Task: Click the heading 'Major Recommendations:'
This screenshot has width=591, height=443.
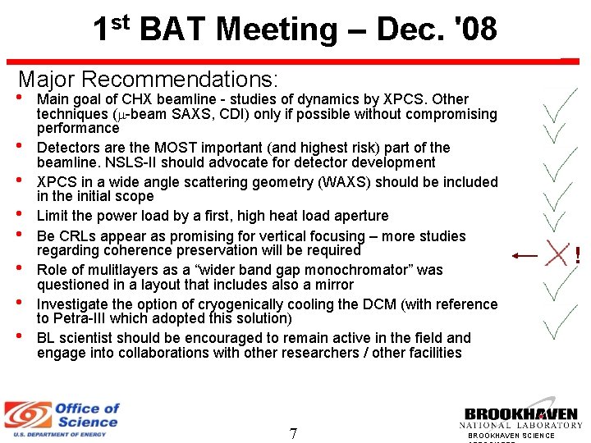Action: [x=149, y=80]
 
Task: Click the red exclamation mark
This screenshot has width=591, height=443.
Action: [x=578, y=255]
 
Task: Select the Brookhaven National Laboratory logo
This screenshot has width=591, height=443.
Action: [x=521, y=419]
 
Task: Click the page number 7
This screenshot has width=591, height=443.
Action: [x=293, y=433]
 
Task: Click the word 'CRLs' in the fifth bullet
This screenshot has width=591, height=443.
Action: [x=76, y=236]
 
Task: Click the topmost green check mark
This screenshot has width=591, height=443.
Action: [x=561, y=103]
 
